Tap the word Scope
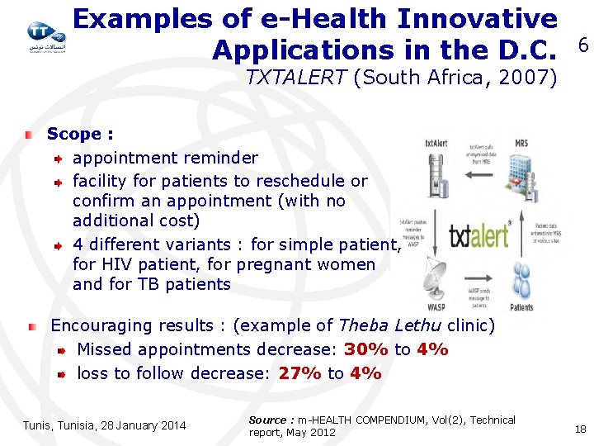74,134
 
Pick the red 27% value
299,373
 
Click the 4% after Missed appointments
432,349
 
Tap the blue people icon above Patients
521,281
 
